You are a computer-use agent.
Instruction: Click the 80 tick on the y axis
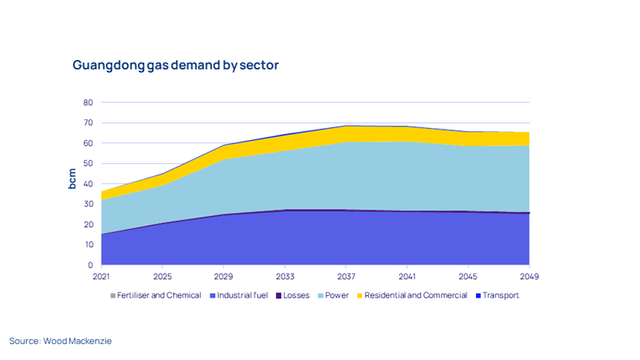(x=88, y=103)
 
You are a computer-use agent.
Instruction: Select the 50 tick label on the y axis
(x=88, y=164)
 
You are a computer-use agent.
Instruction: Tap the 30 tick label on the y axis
(x=88, y=205)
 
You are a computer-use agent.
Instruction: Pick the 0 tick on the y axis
(x=90, y=266)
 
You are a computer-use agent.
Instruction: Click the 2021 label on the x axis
(x=102, y=277)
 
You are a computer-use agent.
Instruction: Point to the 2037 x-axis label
(x=346, y=277)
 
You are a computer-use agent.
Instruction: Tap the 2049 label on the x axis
(x=529, y=277)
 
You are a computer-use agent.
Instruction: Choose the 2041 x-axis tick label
(x=407, y=277)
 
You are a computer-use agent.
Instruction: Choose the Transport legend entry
(x=501, y=295)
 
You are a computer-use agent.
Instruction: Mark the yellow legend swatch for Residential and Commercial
(x=361, y=295)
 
